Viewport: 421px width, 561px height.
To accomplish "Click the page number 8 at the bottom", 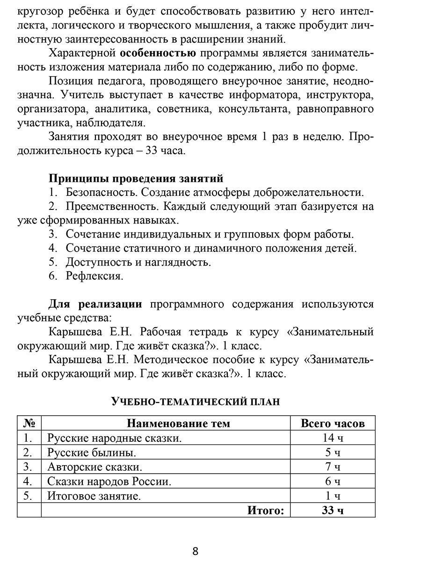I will pos(195,551).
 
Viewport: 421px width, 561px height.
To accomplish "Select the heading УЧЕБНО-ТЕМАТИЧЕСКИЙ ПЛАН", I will pos(195,401).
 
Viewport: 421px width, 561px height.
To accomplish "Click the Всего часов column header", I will pos(333,424).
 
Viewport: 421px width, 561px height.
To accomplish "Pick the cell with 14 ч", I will pos(333,438).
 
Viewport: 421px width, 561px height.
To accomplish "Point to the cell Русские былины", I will pos(92,453).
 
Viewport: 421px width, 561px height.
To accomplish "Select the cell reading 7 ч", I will pos(333,467).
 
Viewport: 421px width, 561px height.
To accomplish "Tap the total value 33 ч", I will pos(333,510).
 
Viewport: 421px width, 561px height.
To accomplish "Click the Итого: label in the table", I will pos(266,510).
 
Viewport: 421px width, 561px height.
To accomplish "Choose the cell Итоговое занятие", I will pos(94,496).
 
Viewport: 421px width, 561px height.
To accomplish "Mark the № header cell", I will pos(29,424).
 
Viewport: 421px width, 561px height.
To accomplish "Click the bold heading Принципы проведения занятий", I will pos(136,178).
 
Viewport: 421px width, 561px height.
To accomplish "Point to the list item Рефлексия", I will pos(94,276).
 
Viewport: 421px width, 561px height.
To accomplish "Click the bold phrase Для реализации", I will pos(95,304).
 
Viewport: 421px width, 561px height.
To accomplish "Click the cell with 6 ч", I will pos(333,482).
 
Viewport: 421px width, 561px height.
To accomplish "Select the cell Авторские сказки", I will pos(94,467).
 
